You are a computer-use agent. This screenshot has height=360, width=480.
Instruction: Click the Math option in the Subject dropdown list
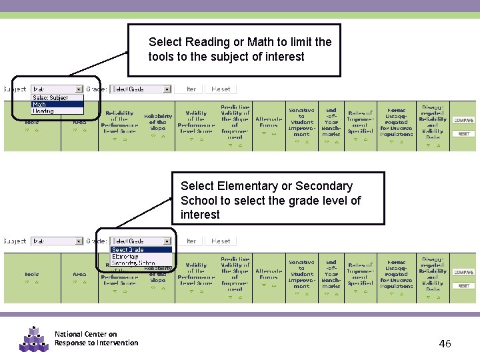(x=40, y=105)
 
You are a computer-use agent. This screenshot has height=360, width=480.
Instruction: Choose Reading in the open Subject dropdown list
(x=43, y=111)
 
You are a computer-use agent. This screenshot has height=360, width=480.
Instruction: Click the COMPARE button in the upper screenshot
(x=463, y=121)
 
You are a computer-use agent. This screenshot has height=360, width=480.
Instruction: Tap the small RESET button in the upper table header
(x=463, y=134)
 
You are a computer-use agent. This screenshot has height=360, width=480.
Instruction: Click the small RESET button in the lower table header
(x=463, y=286)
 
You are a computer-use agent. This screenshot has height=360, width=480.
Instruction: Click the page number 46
(x=445, y=344)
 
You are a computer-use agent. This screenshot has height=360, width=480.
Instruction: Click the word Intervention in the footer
(x=117, y=343)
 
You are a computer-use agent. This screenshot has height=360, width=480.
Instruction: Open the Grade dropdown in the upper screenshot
(x=141, y=89)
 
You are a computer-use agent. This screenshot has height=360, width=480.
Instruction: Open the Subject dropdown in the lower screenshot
(x=57, y=241)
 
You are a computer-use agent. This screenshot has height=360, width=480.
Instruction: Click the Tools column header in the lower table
(x=32, y=274)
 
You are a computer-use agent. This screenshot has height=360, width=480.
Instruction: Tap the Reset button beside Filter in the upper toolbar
(x=221, y=89)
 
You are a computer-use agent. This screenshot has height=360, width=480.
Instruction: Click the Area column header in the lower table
(x=79, y=274)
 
